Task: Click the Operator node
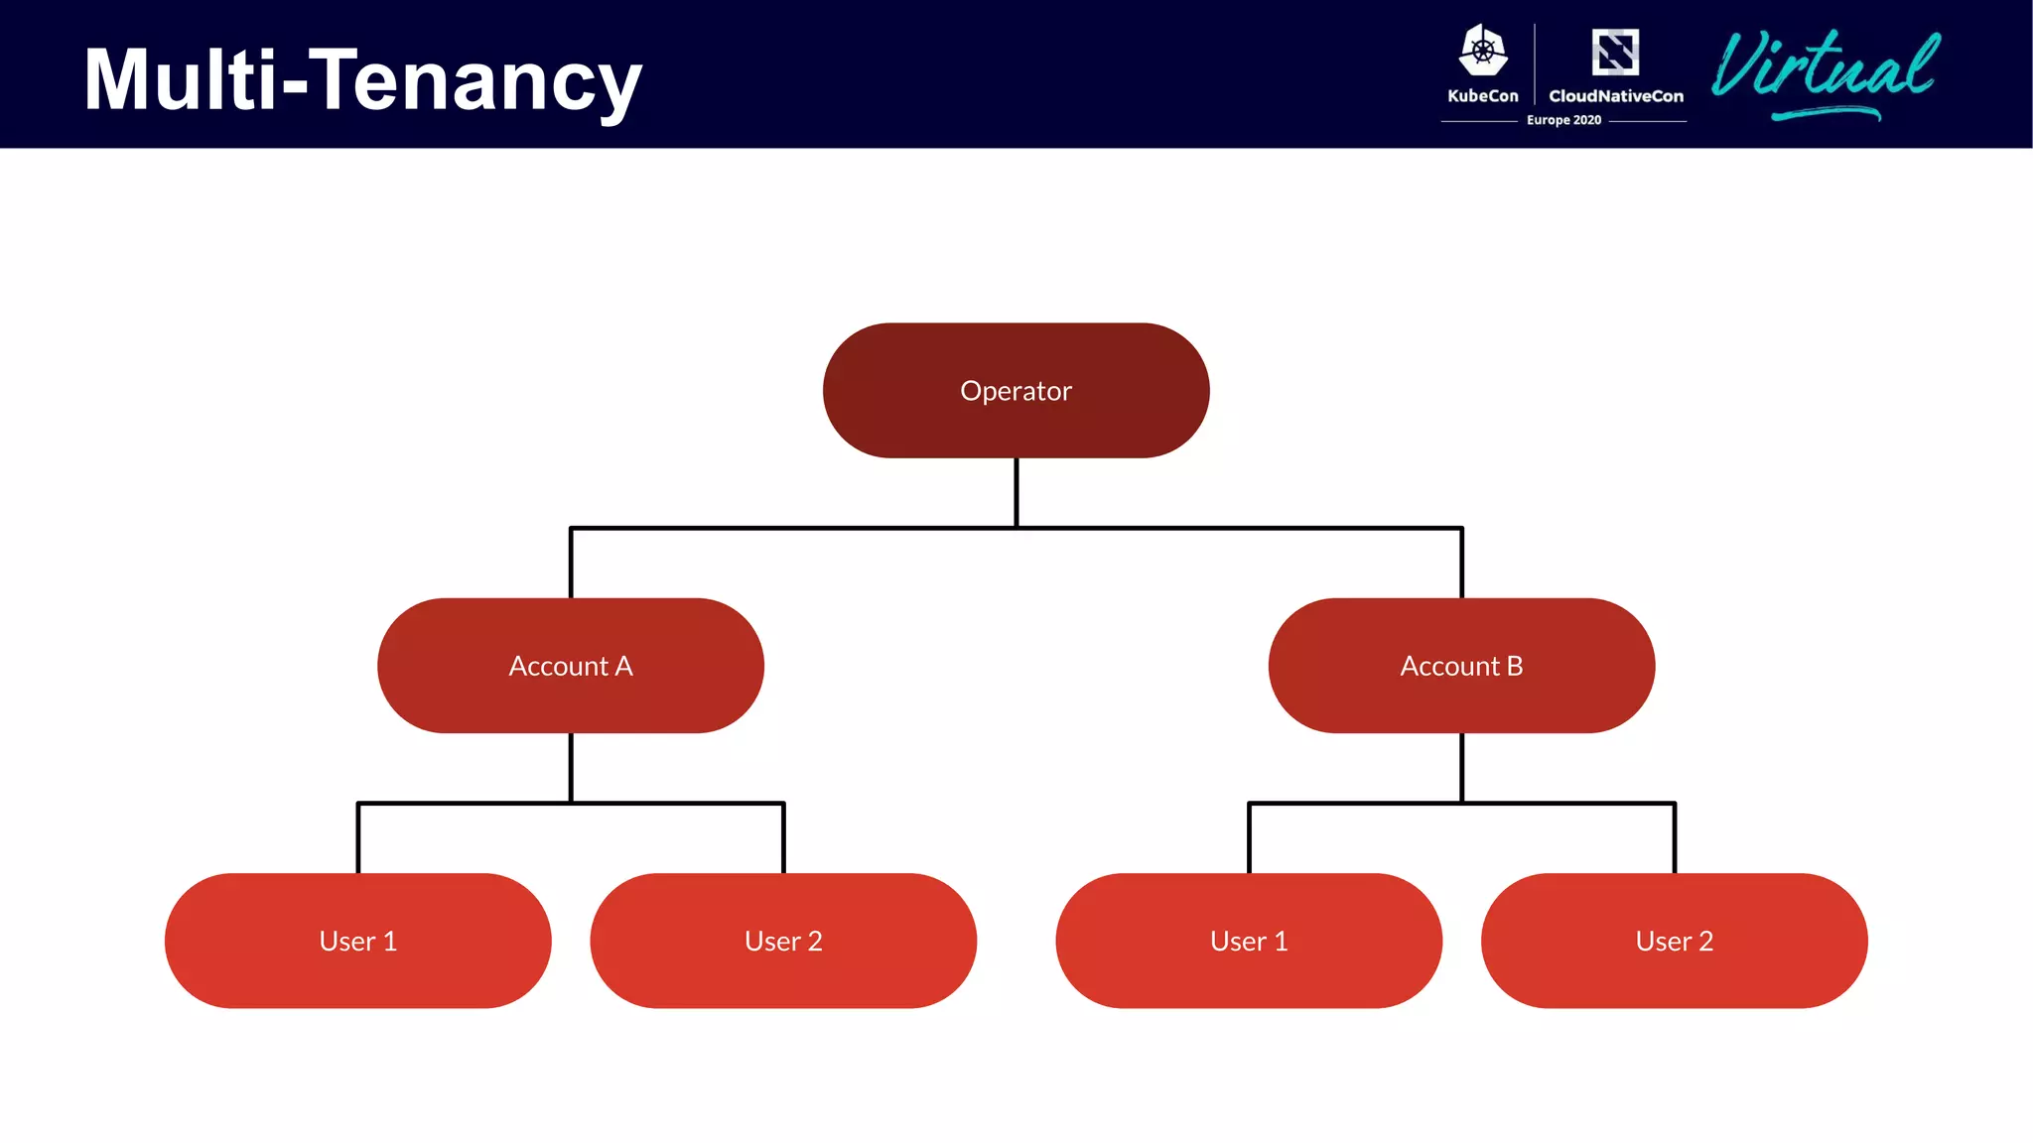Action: point(1016,390)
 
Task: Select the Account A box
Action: point(570,666)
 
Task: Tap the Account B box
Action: point(1461,666)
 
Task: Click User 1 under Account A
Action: point(357,941)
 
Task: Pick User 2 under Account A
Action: point(783,941)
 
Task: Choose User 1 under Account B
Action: point(1249,941)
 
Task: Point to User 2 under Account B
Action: point(1674,941)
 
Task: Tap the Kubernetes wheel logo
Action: point(1483,51)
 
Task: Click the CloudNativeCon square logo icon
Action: point(1615,52)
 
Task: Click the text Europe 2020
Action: point(1563,120)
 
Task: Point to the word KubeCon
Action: point(1482,96)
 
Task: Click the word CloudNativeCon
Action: point(1616,96)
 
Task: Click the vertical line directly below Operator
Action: point(1016,492)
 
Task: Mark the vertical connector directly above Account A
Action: point(571,564)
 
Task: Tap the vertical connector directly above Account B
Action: point(1462,564)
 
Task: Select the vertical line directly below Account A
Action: point(571,767)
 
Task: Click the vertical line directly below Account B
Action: point(1462,767)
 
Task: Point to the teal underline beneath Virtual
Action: point(1827,114)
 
